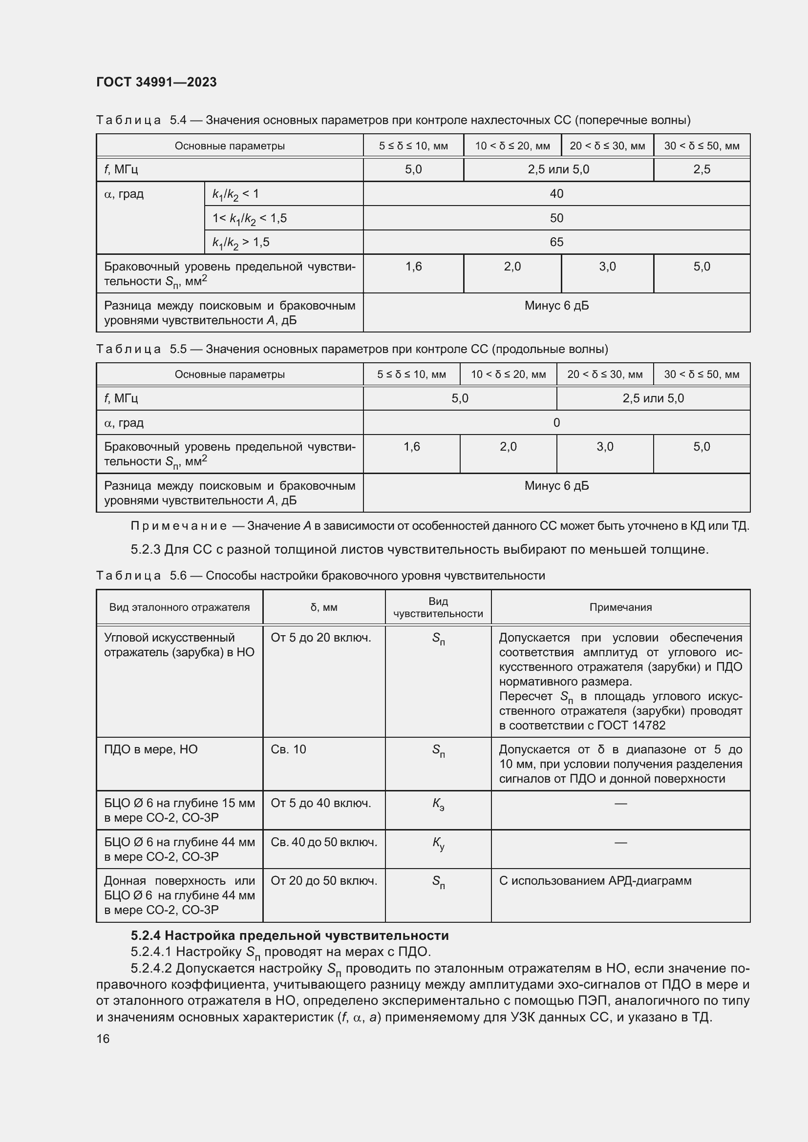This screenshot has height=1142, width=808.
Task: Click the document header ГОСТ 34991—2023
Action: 156,82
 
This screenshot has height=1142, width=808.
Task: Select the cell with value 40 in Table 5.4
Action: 556,193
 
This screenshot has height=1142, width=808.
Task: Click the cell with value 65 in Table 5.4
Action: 556,242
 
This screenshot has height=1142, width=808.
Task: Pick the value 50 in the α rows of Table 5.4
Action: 556,218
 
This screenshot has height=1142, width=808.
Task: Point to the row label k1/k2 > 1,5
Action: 241,242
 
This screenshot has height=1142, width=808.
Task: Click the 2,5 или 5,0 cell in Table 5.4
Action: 558,169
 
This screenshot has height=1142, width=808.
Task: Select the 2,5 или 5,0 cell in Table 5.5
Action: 653,398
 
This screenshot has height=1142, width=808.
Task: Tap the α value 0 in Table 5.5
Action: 556,423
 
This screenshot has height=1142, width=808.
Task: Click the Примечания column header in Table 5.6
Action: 620,607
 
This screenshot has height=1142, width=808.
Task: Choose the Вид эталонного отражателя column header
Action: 179,607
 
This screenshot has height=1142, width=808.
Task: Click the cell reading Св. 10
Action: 289,749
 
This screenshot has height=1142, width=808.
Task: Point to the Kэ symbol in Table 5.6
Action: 438,804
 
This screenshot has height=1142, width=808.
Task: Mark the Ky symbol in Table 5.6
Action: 438,843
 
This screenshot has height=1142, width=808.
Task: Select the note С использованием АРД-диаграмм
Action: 595,881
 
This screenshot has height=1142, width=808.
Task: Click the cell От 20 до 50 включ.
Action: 324,881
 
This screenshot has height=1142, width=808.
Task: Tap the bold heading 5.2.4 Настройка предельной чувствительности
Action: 290,935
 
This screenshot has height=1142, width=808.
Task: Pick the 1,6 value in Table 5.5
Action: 411,447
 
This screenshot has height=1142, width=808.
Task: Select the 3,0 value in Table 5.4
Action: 607,267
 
